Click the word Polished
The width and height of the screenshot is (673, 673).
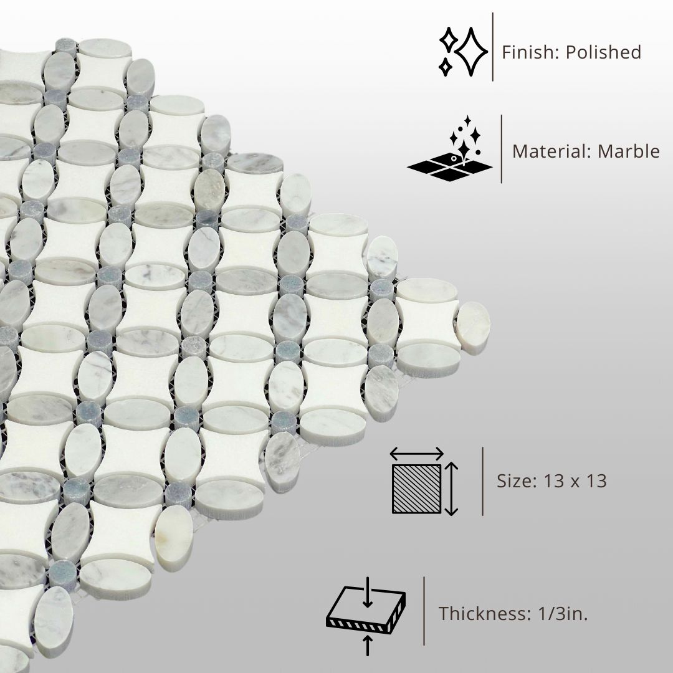[x=603, y=52]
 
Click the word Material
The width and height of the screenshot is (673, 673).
[x=551, y=151]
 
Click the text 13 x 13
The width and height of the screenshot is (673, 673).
[x=575, y=480]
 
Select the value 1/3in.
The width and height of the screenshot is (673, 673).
[x=563, y=613]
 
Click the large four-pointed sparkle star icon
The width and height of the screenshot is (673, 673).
[x=471, y=52]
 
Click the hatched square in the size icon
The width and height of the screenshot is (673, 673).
[x=416, y=489]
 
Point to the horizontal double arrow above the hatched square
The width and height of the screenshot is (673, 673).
[x=416, y=453]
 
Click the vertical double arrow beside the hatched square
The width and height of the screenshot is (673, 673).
[x=452, y=489]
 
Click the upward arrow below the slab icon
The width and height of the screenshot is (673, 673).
[x=368, y=645]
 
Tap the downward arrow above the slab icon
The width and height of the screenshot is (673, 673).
[x=368, y=593]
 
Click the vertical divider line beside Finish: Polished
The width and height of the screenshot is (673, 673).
[x=492, y=47]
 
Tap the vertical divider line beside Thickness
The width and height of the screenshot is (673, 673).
[x=424, y=611]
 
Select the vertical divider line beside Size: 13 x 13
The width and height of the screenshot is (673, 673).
[x=483, y=481]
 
